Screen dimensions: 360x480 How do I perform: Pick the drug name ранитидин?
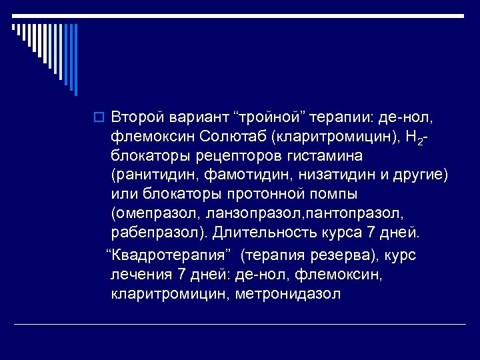pyautogui.click(x=147, y=175)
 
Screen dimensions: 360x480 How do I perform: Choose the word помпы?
pyautogui.click(x=331, y=194)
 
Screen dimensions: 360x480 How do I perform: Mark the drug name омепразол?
pyautogui.click(x=147, y=213)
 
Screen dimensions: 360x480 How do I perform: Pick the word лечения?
pyautogui.click(x=139, y=275)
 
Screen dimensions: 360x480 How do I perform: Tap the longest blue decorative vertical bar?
pyautogui.click(x=75, y=60)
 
